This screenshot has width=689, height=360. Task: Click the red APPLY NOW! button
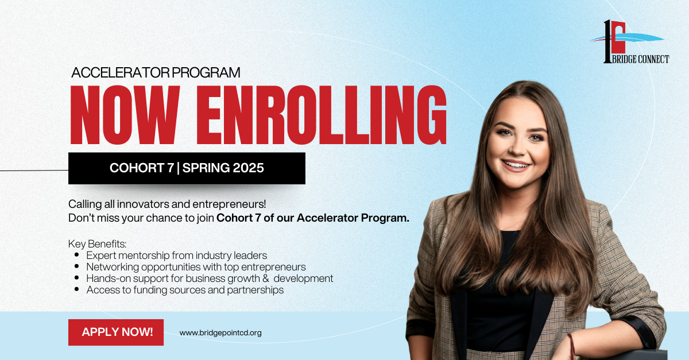coord(116,332)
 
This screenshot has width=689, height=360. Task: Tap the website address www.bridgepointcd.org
coord(220,333)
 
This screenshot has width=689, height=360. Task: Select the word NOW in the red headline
coord(125,115)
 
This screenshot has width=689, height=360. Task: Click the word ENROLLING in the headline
coord(322,115)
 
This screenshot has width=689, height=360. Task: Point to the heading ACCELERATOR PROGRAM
coord(156,72)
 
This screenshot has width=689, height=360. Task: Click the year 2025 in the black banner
coord(249,168)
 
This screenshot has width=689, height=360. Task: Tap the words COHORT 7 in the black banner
coord(142,168)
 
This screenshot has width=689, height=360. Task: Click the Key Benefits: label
coord(97,243)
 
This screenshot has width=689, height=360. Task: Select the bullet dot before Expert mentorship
coord(76,255)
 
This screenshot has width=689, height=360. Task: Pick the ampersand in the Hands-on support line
coord(265,278)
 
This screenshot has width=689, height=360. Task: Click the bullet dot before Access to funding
coord(76,289)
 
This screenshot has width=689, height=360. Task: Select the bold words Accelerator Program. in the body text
coord(353,218)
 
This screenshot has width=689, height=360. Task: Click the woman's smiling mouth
coord(517,165)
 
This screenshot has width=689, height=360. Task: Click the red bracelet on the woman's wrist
coord(571,346)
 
